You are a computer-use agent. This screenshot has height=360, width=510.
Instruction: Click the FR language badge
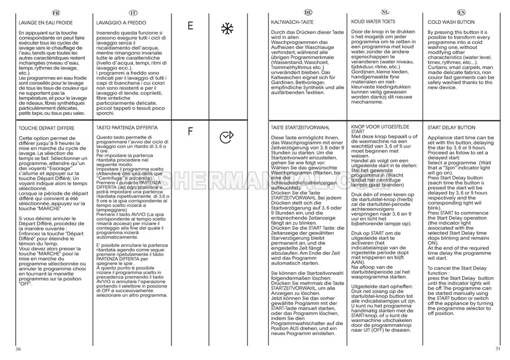coord(54,11)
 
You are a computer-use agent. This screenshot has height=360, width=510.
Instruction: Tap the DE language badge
coord(308,11)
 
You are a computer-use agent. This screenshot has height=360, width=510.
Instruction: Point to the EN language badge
coord(461,11)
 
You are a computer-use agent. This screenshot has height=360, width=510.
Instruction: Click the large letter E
coord(190,25)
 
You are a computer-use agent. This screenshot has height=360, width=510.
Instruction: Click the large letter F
coord(190,132)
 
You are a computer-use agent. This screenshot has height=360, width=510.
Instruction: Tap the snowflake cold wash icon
coord(226,26)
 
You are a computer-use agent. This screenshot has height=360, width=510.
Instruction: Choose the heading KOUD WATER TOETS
coord(373,22)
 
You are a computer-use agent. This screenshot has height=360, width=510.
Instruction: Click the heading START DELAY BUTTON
coord(451,127)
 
